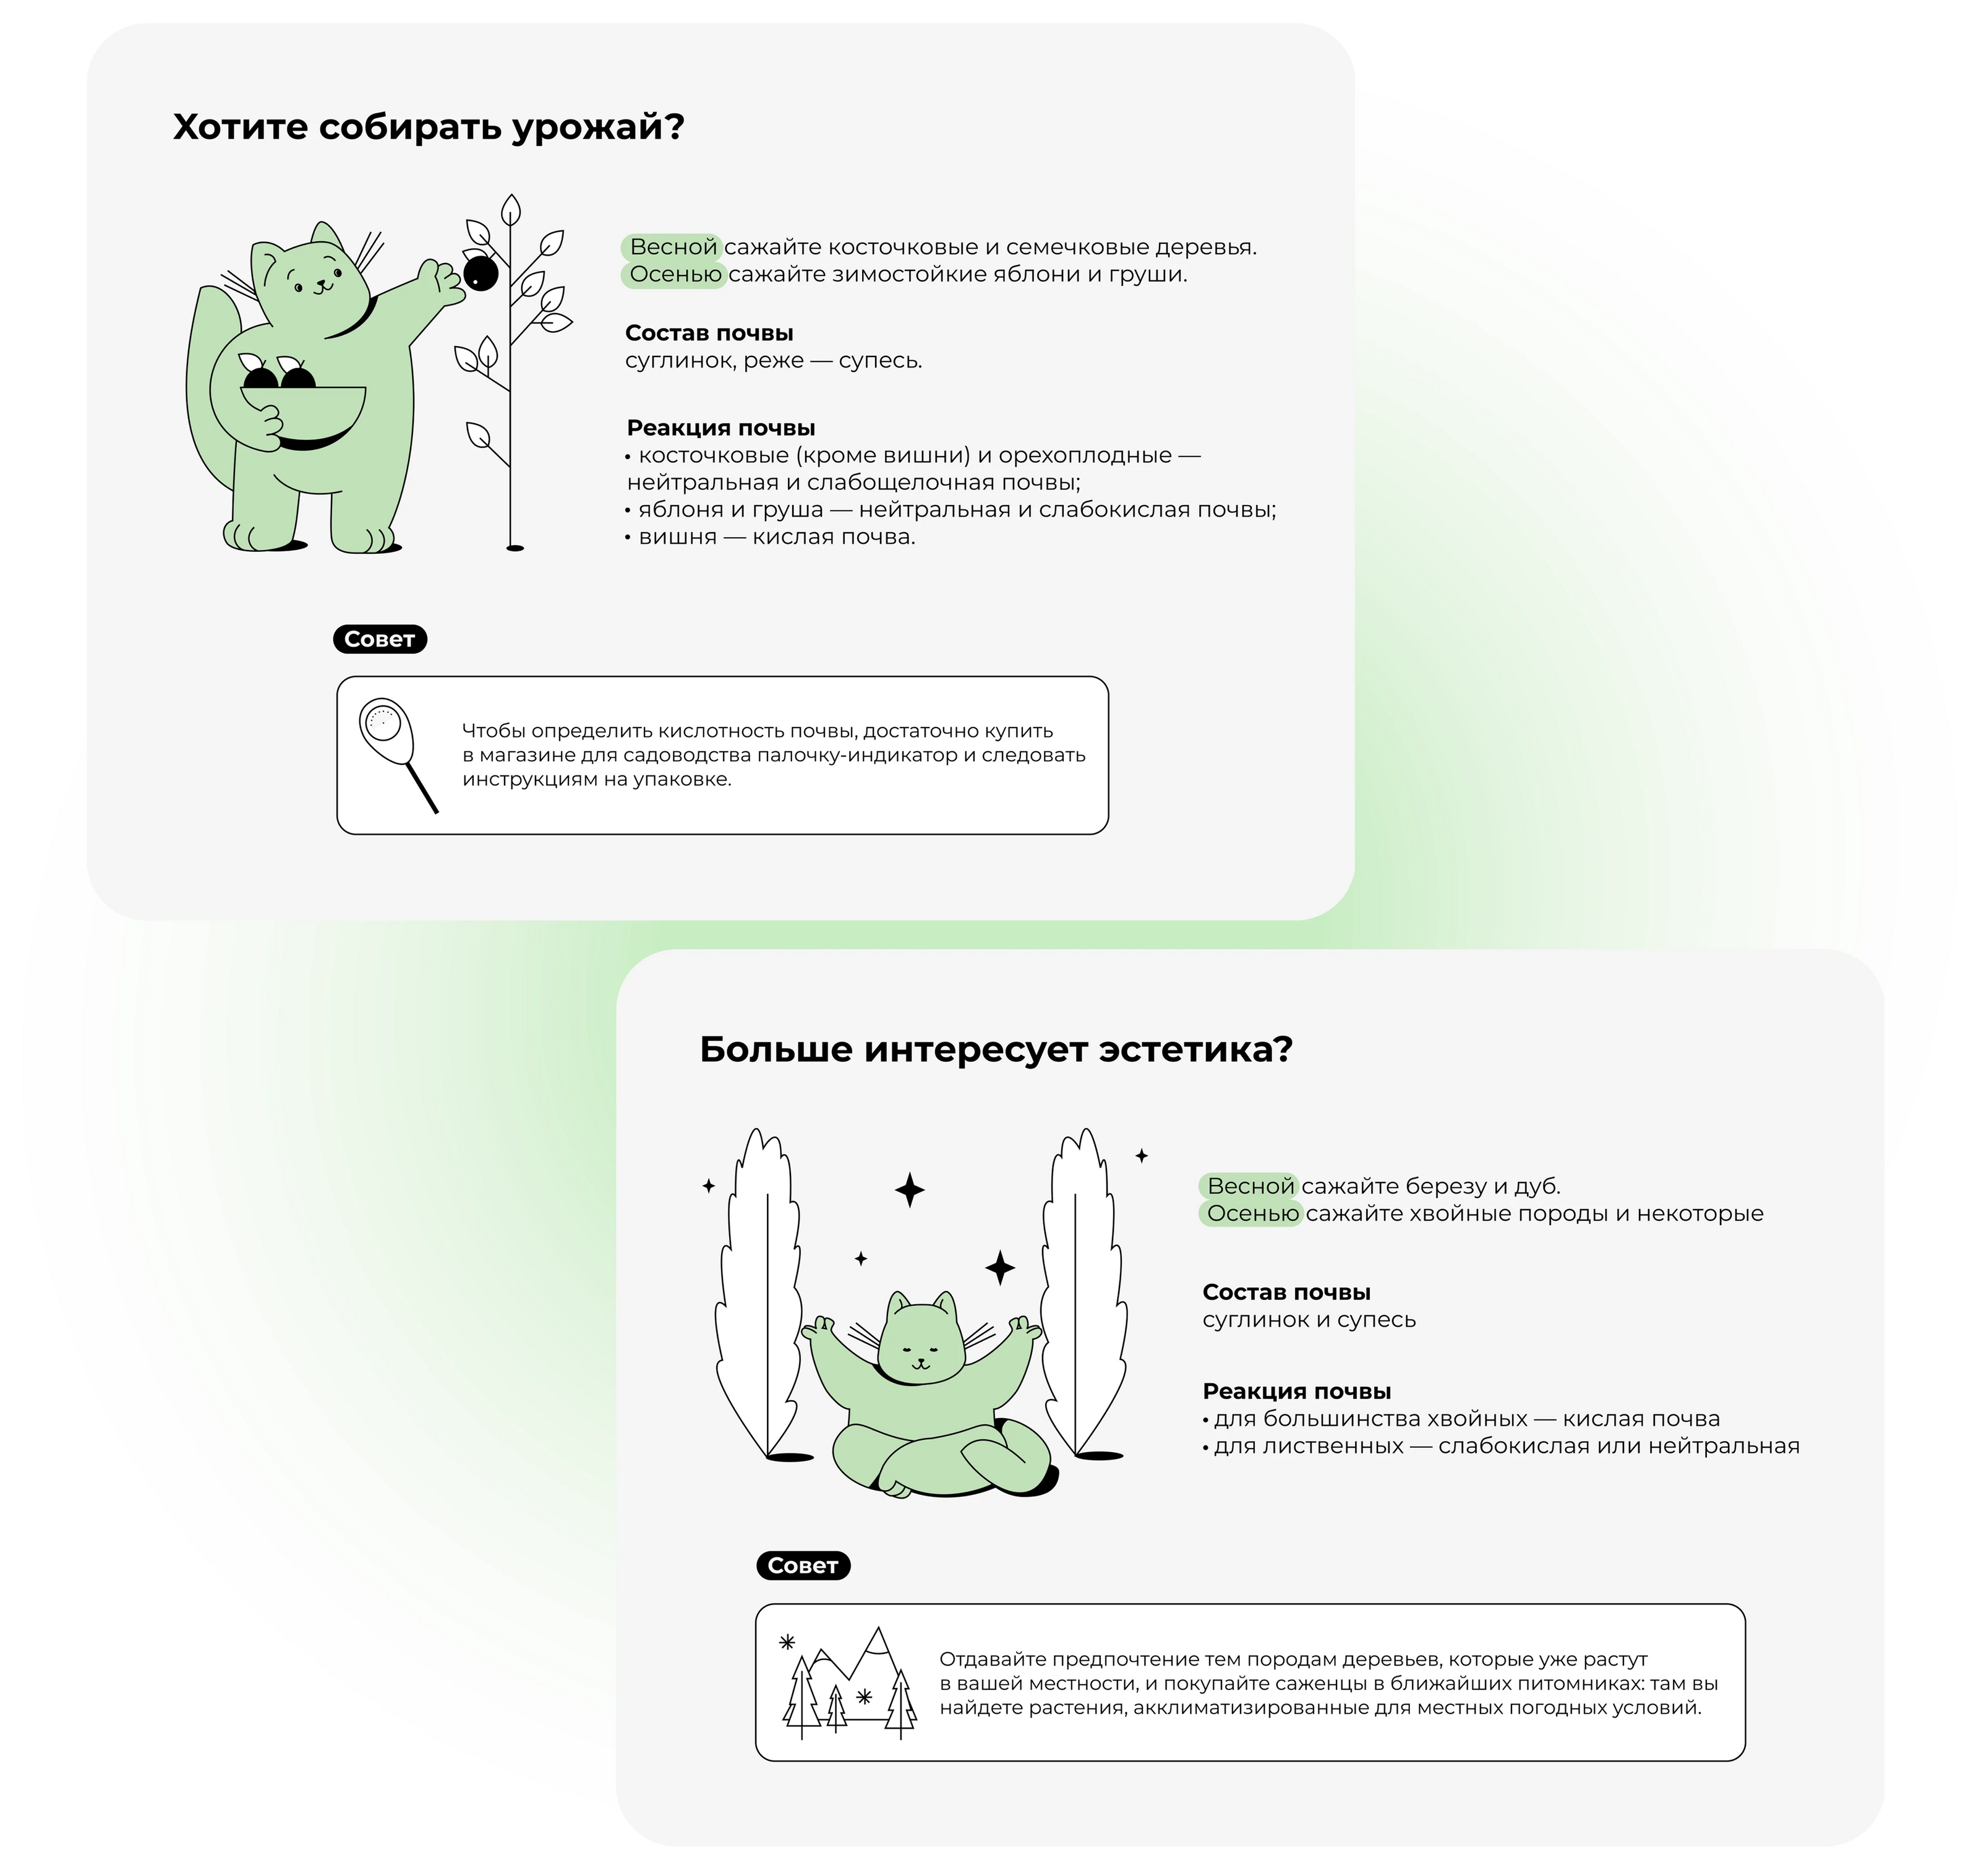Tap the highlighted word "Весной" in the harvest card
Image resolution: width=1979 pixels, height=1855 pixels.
click(672, 247)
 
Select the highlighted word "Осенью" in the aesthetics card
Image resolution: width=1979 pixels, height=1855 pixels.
click(1251, 1214)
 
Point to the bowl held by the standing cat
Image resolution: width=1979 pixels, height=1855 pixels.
click(304, 412)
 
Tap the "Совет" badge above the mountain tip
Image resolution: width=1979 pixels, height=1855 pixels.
click(803, 1566)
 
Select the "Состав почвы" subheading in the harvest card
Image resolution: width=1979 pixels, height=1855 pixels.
click(709, 334)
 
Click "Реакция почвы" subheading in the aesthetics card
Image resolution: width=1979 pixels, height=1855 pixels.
click(1296, 1392)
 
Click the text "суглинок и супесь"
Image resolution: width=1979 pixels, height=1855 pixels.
click(1309, 1320)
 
